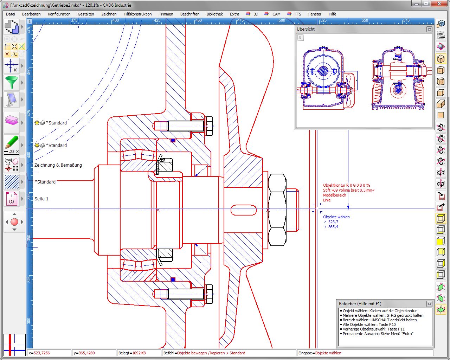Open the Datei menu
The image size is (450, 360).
click(11, 14)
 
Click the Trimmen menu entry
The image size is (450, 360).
click(166, 14)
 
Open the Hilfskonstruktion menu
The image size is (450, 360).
click(137, 14)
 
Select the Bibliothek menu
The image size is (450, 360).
click(214, 14)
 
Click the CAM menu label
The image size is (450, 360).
click(276, 14)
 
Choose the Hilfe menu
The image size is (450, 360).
click(332, 14)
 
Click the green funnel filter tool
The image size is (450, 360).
click(12, 83)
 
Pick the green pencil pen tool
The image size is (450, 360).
click(12, 142)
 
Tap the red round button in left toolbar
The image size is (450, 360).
click(14, 222)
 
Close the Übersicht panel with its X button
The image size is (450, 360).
click(429, 30)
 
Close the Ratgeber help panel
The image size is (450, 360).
click(429, 304)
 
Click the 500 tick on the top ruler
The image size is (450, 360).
click(282, 21)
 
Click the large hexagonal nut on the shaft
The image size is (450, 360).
click(277, 210)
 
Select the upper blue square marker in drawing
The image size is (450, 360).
click(173, 140)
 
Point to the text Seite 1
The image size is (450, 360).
click(41, 199)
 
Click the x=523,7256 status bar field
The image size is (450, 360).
click(49, 353)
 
